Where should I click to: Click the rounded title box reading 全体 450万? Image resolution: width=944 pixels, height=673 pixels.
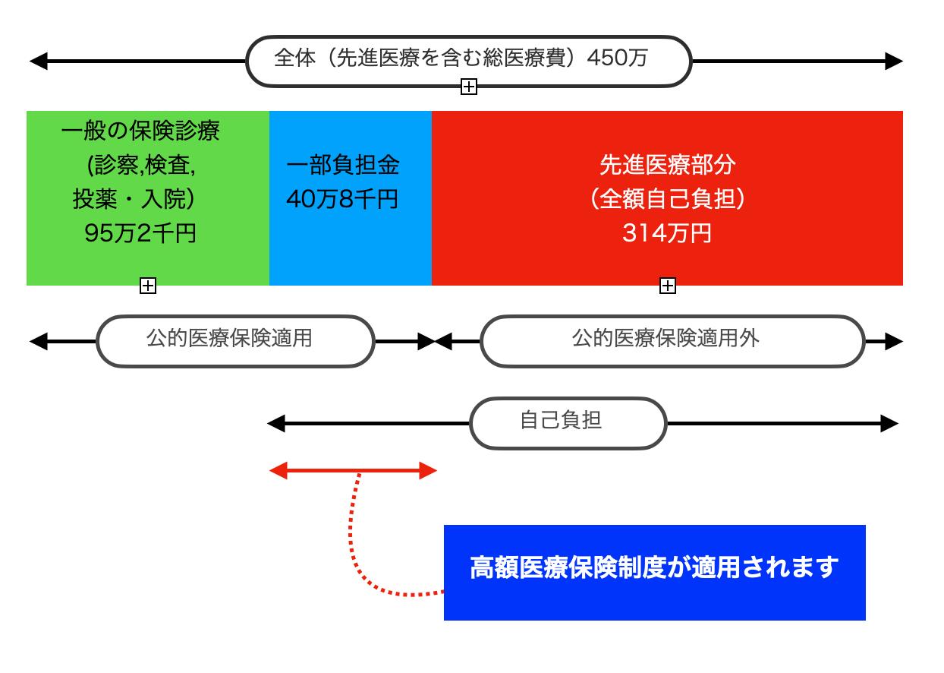[468, 59]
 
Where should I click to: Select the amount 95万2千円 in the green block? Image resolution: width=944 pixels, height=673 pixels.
[140, 233]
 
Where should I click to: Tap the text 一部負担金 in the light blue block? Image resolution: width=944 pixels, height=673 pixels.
[343, 166]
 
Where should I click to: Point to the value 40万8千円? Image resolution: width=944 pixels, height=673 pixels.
[342, 199]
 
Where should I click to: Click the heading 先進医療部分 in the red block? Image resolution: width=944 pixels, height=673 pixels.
[667, 166]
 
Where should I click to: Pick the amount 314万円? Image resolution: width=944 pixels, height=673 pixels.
[667, 233]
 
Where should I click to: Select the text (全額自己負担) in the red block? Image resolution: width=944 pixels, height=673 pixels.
[667, 199]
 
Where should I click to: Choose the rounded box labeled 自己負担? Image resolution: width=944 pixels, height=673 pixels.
[568, 423]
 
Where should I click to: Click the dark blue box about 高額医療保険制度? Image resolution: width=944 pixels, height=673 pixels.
[654, 572]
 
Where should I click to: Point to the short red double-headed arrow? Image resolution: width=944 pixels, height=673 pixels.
[353, 471]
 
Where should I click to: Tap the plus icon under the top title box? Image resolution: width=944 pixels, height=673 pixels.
[469, 87]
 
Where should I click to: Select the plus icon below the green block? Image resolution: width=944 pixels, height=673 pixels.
[148, 286]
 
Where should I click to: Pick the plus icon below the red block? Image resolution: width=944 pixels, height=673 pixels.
[668, 286]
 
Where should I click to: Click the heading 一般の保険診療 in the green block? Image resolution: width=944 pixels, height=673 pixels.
[140, 131]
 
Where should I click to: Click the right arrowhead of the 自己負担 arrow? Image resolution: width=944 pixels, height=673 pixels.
[889, 424]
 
